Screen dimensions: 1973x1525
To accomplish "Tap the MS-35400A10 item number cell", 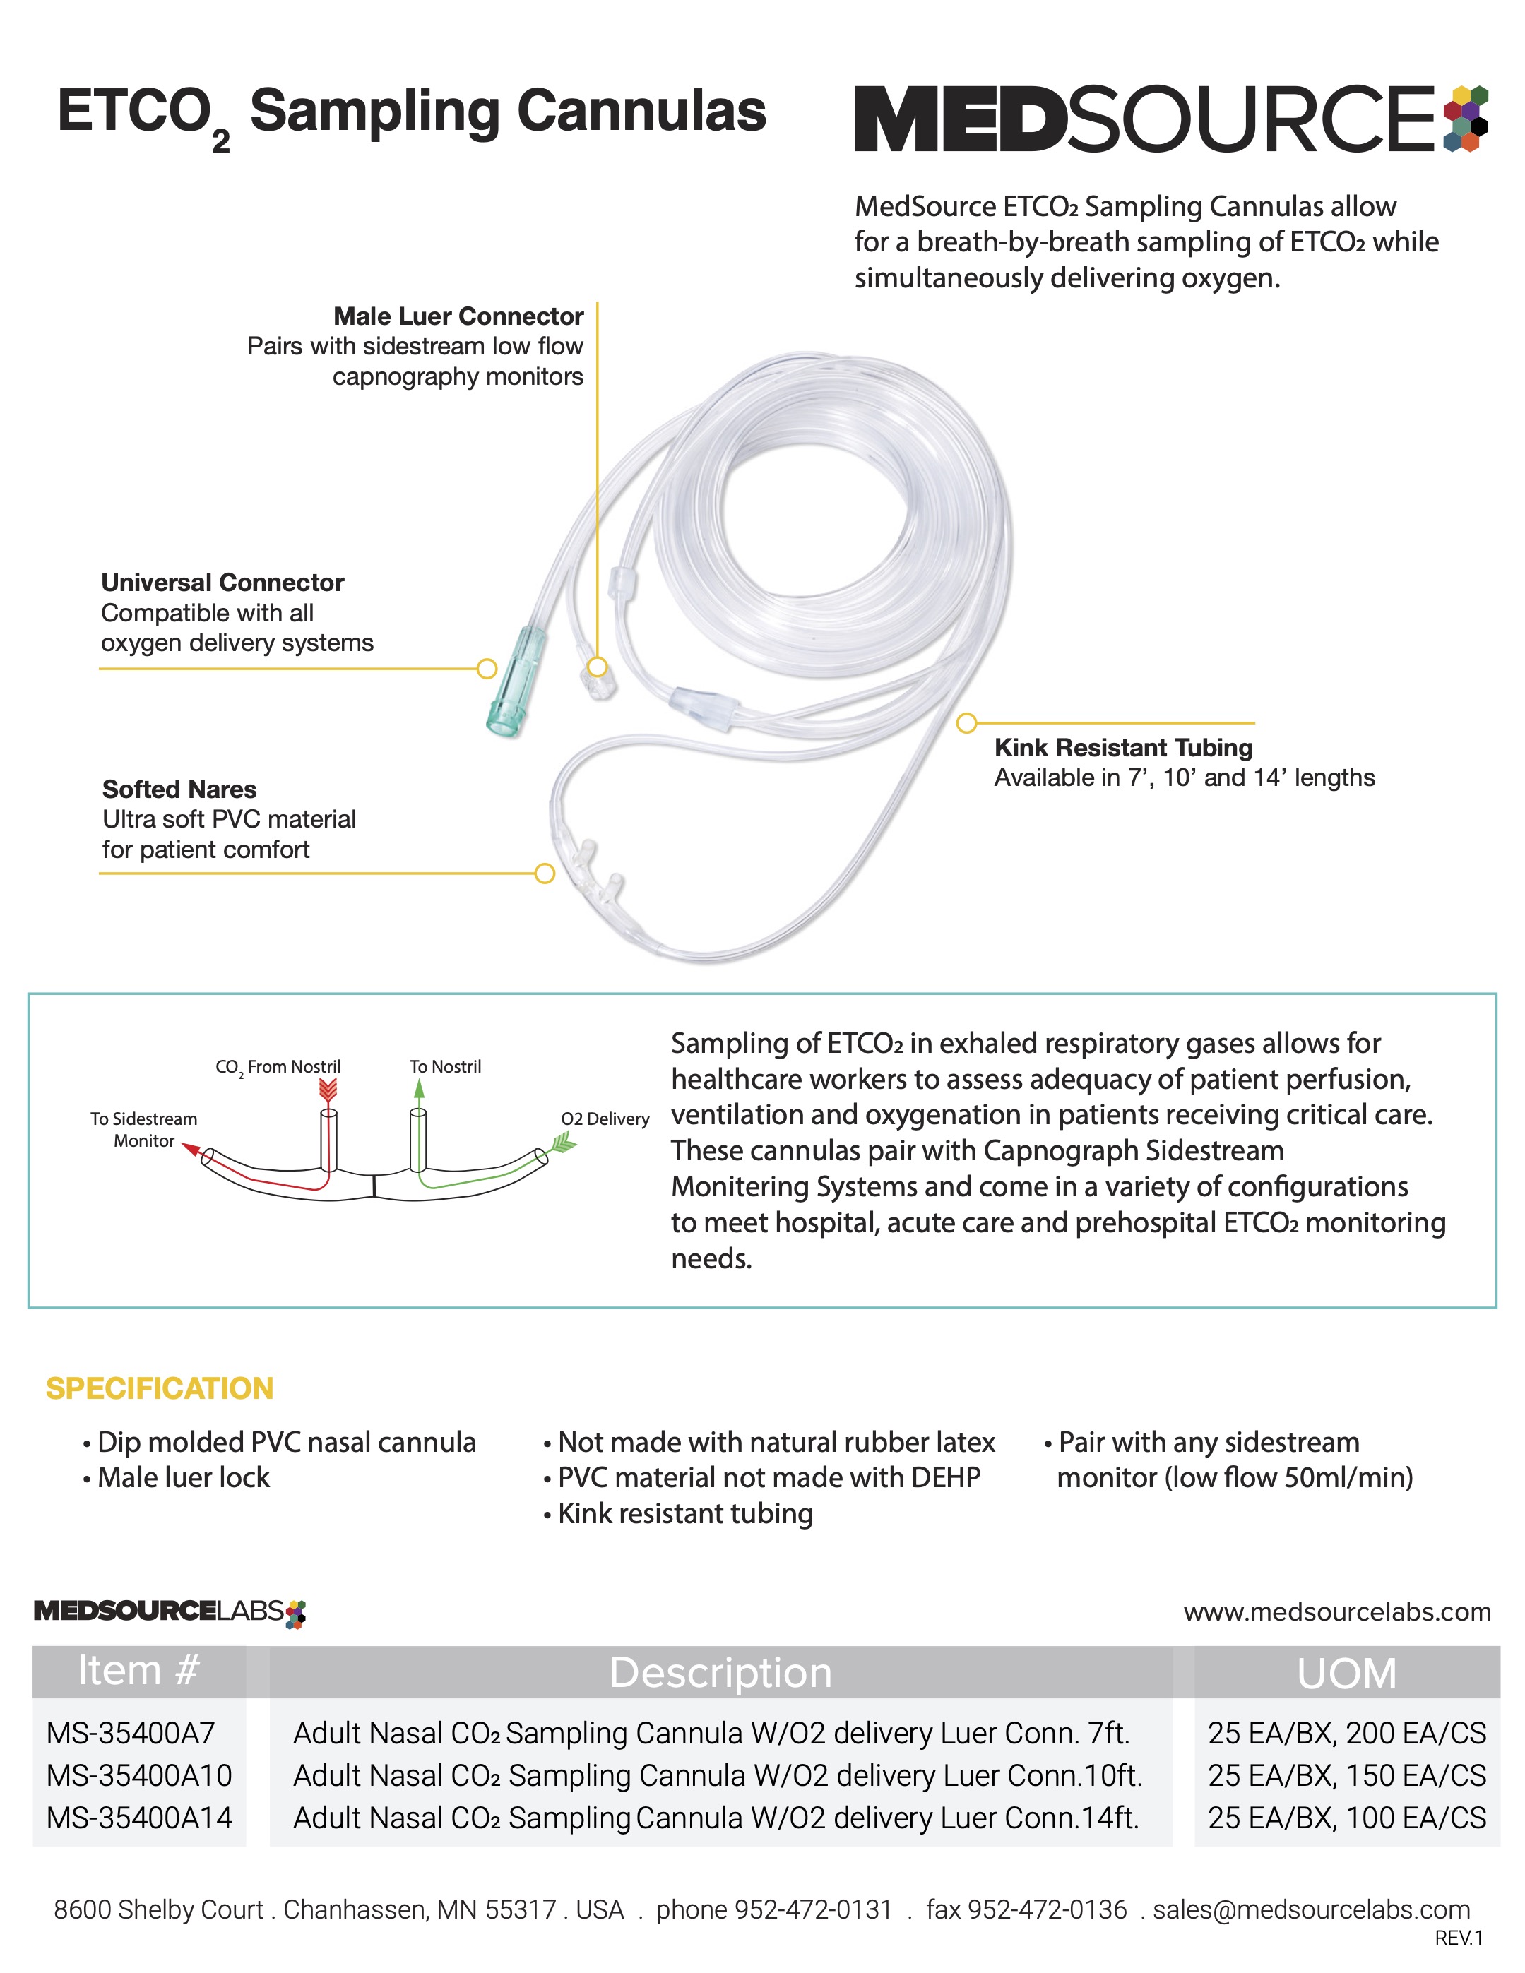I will tap(139, 1775).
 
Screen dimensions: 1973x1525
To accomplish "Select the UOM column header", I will tap(1346, 1673).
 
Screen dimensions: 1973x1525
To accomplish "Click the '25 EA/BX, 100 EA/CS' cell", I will tap(1346, 1818).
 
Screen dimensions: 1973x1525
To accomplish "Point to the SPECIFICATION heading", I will tap(159, 1388).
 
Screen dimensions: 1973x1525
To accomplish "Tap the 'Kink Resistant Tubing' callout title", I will tap(1123, 747).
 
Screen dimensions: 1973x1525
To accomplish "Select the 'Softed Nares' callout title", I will tap(179, 789).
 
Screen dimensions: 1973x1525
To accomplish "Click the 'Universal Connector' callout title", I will tap(222, 583).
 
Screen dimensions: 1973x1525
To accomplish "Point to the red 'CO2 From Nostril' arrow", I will tap(328, 1090).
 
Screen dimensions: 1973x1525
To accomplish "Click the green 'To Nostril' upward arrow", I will tap(418, 1090).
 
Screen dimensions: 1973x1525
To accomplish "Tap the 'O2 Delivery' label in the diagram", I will tap(605, 1119).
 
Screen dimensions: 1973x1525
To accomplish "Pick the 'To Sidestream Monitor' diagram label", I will tap(143, 1129).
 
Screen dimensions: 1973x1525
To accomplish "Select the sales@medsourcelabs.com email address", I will tap(1311, 1909).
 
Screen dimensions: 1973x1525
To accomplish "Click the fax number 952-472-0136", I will tap(1026, 1909).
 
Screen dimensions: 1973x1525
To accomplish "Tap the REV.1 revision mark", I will tap(1458, 1938).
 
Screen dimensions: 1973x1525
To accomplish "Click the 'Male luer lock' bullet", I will tap(184, 1477).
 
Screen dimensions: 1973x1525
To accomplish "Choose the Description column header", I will tap(720, 1673).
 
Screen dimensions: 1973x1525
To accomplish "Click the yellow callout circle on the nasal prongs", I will tap(545, 874).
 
